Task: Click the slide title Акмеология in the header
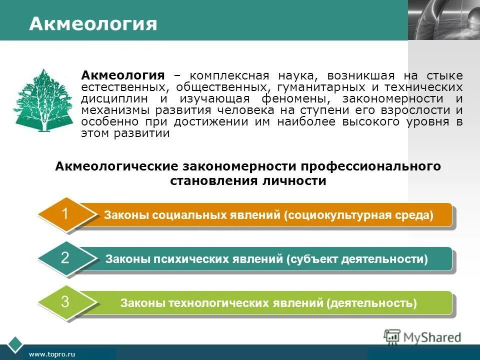93,24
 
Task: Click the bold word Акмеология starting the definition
123,76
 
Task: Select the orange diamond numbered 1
65,214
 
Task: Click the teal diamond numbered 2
65,258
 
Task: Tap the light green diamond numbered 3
65,302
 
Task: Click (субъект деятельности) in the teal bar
357,259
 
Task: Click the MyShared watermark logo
422,337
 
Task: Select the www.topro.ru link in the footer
52,354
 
